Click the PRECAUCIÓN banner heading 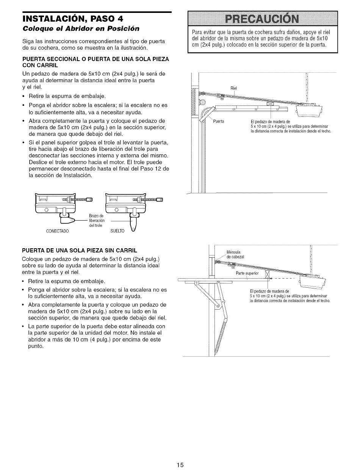(263, 19)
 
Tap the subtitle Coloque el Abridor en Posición (81, 28)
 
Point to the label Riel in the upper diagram (233, 88)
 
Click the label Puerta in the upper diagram (219, 121)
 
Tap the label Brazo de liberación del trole (96, 221)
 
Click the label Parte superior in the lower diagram (247, 273)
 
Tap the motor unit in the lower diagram (313, 281)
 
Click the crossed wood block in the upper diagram (270, 105)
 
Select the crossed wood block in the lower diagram (267, 275)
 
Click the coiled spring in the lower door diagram (220, 334)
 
